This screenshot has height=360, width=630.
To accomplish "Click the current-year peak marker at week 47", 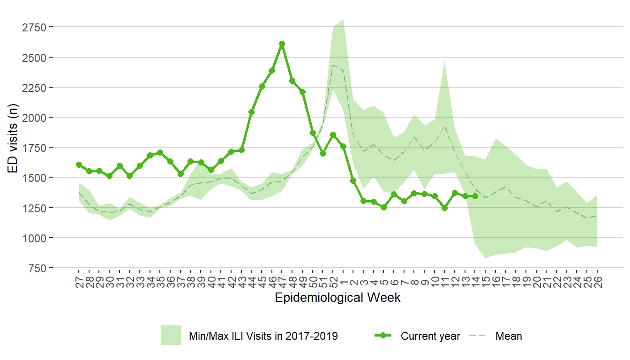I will point(282,44).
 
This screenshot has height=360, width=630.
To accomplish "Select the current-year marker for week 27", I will point(79,165).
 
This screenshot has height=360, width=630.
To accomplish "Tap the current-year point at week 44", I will point(251,112).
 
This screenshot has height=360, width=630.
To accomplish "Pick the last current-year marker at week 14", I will point(475,196).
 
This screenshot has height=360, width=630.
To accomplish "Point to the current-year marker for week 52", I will point(333,135).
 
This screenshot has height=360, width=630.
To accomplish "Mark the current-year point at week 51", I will point(322,153).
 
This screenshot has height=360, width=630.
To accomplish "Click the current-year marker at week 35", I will point(160,152).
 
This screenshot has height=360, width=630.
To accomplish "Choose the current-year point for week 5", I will point(383,207).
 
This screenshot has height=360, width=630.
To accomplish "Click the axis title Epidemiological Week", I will point(337,298).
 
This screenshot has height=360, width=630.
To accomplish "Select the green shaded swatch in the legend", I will point(171,336).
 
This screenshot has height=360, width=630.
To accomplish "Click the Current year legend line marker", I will point(383,336).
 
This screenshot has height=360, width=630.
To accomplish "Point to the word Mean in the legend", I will point(509,336).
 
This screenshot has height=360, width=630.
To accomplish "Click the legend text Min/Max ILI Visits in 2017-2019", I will point(263,336).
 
